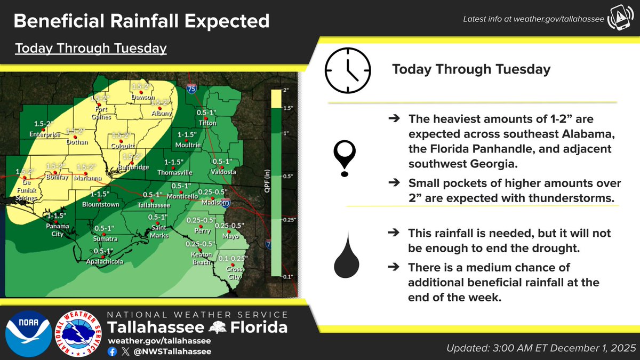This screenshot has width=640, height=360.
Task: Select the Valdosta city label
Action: click(x=222, y=172)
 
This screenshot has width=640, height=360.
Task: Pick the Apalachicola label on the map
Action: click(x=105, y=262)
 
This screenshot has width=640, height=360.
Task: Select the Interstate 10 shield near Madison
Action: click(x=226, y=203)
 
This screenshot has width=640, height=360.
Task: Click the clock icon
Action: click(x=347, y=70)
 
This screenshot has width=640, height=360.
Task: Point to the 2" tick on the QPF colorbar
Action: click(x=286, y=90)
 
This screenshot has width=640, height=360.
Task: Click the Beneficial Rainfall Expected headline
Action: click(x=141, y=21)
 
